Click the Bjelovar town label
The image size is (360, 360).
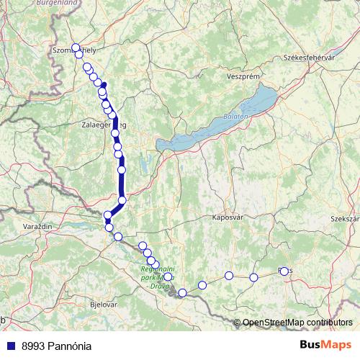(102, 305)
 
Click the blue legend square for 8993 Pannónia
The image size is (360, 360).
(9, 345)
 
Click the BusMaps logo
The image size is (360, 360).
(325, 345)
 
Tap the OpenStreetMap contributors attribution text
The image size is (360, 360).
(297, 322)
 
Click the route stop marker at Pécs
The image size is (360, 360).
(284, 271)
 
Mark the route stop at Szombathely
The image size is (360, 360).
(76, 48)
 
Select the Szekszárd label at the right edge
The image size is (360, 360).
(344, 218)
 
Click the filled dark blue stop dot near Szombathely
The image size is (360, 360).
(104, 86)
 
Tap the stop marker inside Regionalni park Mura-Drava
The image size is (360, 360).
(168, 276)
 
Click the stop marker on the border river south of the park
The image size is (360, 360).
(183, 292)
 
